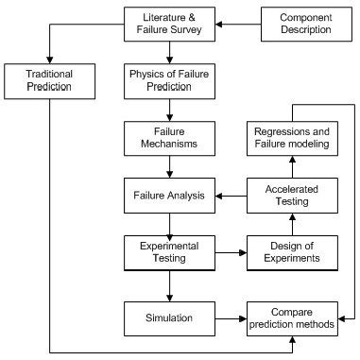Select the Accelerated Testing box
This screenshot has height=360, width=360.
coord(291,196)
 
